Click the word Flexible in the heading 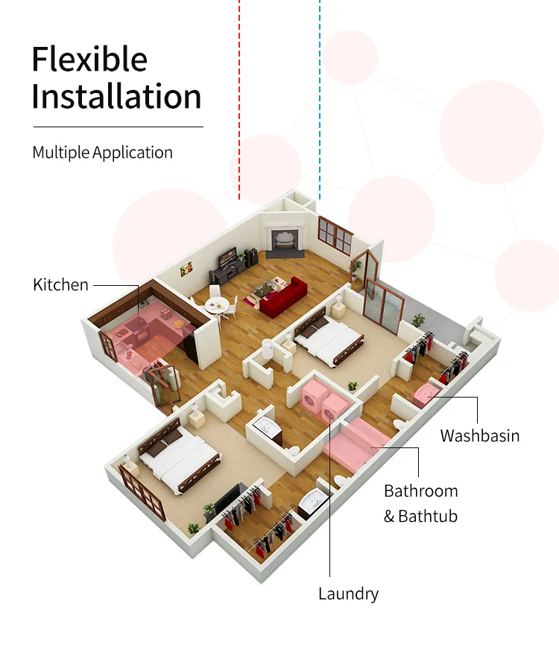coord(89,59)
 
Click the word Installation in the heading coord(117,97)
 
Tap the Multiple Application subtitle coord(103,153)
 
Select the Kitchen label coord(60,284)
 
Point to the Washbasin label coord(479,435)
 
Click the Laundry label coord(348,593)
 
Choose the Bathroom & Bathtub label coord(420,503)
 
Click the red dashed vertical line coord(239,97)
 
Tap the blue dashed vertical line coord(320,97)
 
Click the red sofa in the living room coord(286,296)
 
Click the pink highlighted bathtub coord(356,441)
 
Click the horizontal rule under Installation coord(118,127)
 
